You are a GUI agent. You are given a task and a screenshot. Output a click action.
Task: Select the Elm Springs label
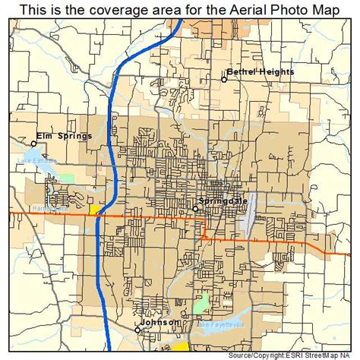[65, 136]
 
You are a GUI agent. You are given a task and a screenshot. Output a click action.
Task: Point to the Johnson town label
[161, 322]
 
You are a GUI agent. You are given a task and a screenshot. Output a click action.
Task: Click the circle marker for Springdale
[195, 208]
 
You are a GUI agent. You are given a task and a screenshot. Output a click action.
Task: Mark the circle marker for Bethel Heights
[225, 79]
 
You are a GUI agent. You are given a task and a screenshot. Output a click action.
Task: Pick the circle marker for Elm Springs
[33, 143]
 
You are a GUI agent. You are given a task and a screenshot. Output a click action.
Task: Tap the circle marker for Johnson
[137, 330]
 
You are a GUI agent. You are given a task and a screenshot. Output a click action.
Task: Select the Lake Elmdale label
[33, 161]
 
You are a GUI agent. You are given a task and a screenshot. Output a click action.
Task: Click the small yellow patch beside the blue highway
[95, 209]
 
